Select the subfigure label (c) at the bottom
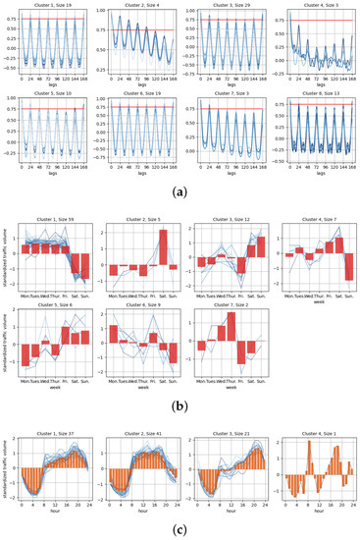pos(180,530)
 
